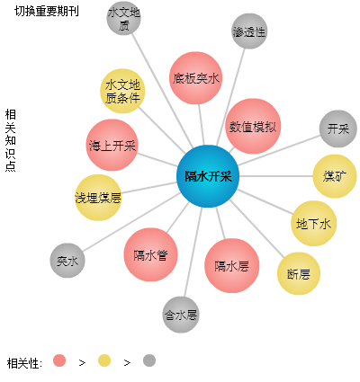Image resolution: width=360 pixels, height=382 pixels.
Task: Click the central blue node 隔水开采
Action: pyautogui.click(x=208, y=176)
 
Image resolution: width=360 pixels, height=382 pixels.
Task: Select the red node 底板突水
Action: pyautogui.click(x=195, y=78)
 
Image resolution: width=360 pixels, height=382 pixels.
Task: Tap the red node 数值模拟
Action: pyautogui.click(x=253, y=126)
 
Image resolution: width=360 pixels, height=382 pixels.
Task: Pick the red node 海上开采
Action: pyautogui.click(x=112, y=145)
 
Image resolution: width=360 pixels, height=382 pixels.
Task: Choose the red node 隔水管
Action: pyautogui.click(x=150, y=254)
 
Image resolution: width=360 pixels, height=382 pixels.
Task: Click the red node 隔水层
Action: pyautogui.click(x=231, y=265)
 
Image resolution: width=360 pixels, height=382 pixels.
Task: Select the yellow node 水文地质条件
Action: pyautogui.click(x=122, y=91)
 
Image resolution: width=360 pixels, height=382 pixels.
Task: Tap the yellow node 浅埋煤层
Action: pyautogui.click(x=98, y=198)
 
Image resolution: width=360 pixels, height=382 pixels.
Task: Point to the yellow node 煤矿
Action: pyautogui.click(x=335, y=176)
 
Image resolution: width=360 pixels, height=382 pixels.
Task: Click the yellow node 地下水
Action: pyautogui.click(x=313, y=224)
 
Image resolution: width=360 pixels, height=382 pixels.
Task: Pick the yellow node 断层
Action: pyautogui.click(x=299, y=273)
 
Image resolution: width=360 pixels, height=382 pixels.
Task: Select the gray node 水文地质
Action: pyautogui.click(x=123, y=18)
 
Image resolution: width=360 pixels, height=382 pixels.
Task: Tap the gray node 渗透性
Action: pyautogui.click(x=249, y=31)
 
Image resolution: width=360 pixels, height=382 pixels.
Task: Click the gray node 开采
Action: pyautogui.click(x=338, y=129)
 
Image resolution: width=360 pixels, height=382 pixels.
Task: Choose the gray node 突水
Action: pyautogui.click(x=67, y=261)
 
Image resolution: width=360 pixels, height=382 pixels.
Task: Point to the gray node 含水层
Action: pyautogui.click(x=181, y=315)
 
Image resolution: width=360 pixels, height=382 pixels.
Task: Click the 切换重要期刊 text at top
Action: pyautogui.click(x=47, y=11)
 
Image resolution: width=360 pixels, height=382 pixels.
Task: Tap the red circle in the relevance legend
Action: pyautogui.click(x=59, y=360)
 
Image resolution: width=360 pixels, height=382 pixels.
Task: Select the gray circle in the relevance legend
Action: pyautogui.click(x=149, y=360)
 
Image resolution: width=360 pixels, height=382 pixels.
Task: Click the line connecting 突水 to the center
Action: pyautogui.click(x=131, y=222)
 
